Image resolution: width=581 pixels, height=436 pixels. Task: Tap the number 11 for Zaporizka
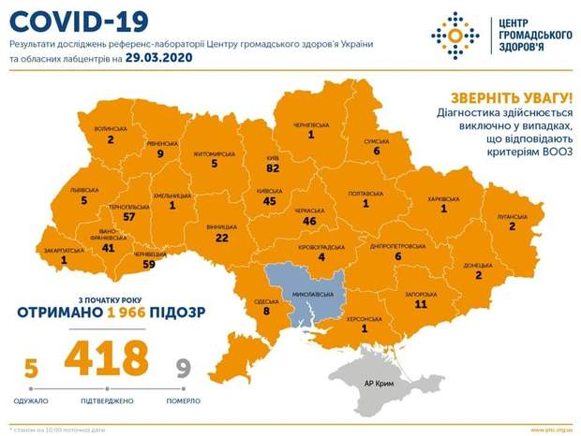420,304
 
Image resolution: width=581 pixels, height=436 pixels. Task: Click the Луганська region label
512,213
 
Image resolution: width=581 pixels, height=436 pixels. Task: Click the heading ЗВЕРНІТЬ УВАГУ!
514,99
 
